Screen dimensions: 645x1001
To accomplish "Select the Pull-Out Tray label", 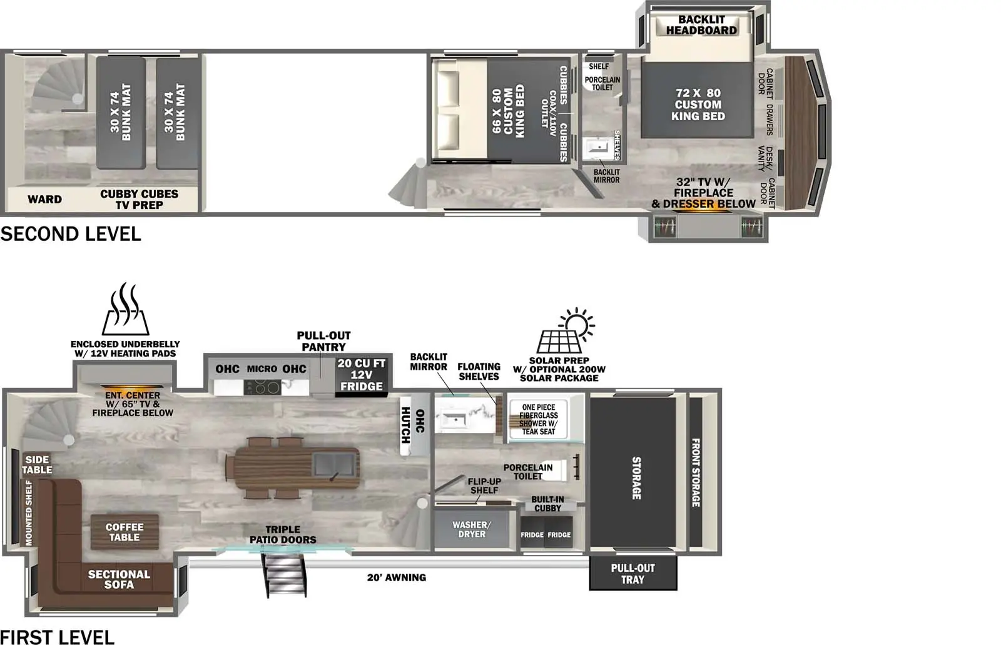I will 633,574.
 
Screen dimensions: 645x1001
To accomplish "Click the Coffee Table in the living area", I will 124,532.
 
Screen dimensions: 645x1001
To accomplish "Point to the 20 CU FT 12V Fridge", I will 362,375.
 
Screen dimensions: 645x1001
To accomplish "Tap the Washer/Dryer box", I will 471,529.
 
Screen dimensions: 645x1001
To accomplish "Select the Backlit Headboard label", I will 701,25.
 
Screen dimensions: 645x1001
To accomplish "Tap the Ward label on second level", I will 44,200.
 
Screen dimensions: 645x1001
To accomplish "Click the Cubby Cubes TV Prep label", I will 139,200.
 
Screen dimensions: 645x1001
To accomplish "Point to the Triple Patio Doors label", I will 283,534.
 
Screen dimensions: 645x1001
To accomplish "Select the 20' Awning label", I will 396,577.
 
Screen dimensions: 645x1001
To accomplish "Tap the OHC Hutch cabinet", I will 414,426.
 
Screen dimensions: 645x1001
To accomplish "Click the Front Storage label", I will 695,472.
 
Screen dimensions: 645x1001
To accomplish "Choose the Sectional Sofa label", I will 119,579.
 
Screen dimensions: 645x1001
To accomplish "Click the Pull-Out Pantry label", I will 323,341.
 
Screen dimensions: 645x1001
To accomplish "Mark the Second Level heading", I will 71,234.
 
